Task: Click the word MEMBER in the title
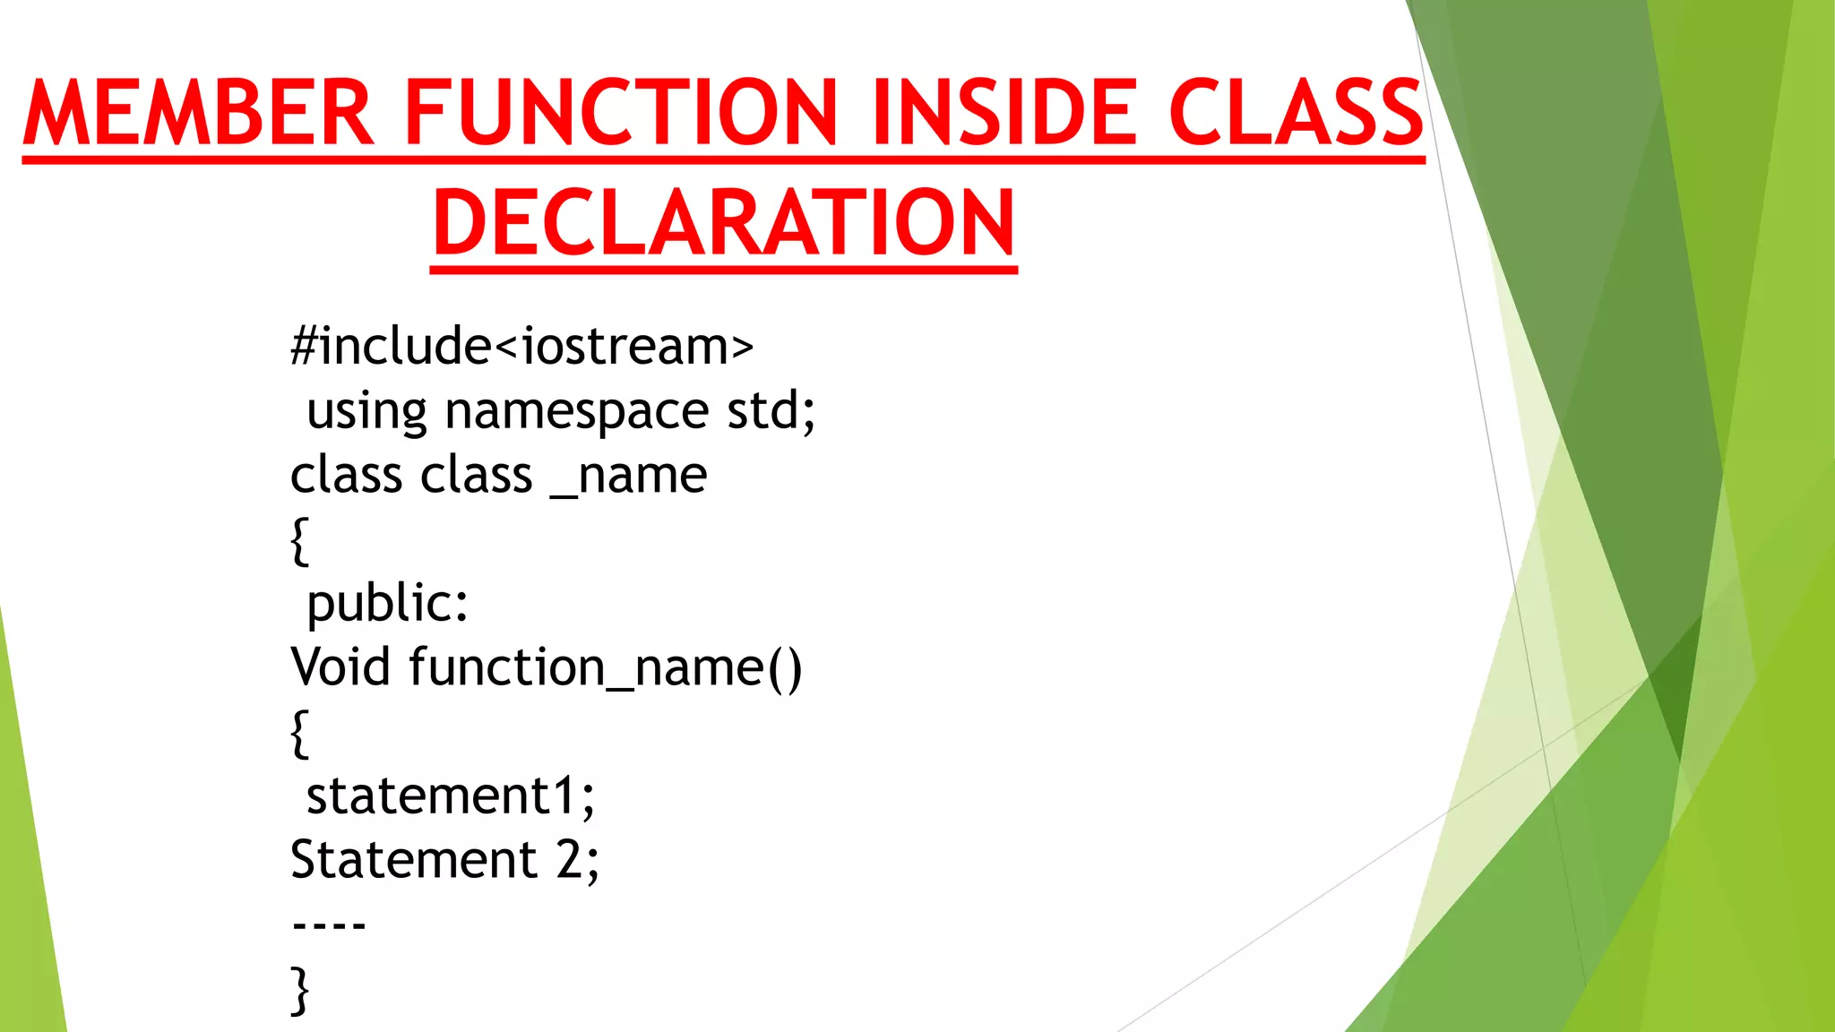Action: [x=199, y=113]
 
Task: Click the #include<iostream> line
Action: [x=521, y=347]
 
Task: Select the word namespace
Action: [x=577, y=411]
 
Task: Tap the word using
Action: [x=366, y=413]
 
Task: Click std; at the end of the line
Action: [x=771, y=411]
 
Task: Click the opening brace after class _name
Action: [x=300, y=540]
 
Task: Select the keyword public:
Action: [x=387, y=605]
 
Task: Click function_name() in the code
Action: [x=606, y=669]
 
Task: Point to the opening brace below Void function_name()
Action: [x=300, y=734]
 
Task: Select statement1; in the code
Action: [x=450, y=796]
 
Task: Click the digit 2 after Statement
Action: [x=571, y=860]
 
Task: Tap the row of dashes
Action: [x=329, y=925]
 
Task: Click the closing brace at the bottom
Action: [x=300, y=991]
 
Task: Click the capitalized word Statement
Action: [x=413, y=860]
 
